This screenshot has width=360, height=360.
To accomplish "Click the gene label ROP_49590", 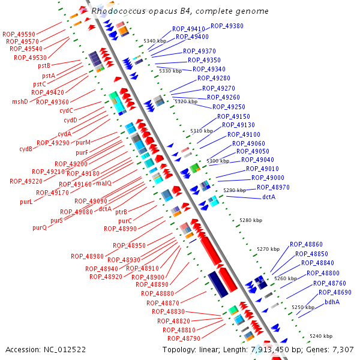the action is point(19,34).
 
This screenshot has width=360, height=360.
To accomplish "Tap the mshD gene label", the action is point(20,102).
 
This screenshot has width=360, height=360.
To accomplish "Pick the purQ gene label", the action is point(40,227).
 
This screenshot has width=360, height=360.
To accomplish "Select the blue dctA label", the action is point(268,197).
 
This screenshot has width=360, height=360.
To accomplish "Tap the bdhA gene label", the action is point(332,301).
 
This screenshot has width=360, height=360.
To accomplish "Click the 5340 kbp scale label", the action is point(154,40).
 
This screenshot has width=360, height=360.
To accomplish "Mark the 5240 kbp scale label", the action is point(321,337).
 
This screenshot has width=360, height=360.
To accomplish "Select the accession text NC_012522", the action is point(46,349).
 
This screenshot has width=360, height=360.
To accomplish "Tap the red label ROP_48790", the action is point(184,338).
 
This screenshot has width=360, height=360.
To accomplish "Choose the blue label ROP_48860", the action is point(306,244).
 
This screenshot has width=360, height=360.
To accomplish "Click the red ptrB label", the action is point(121,212).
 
